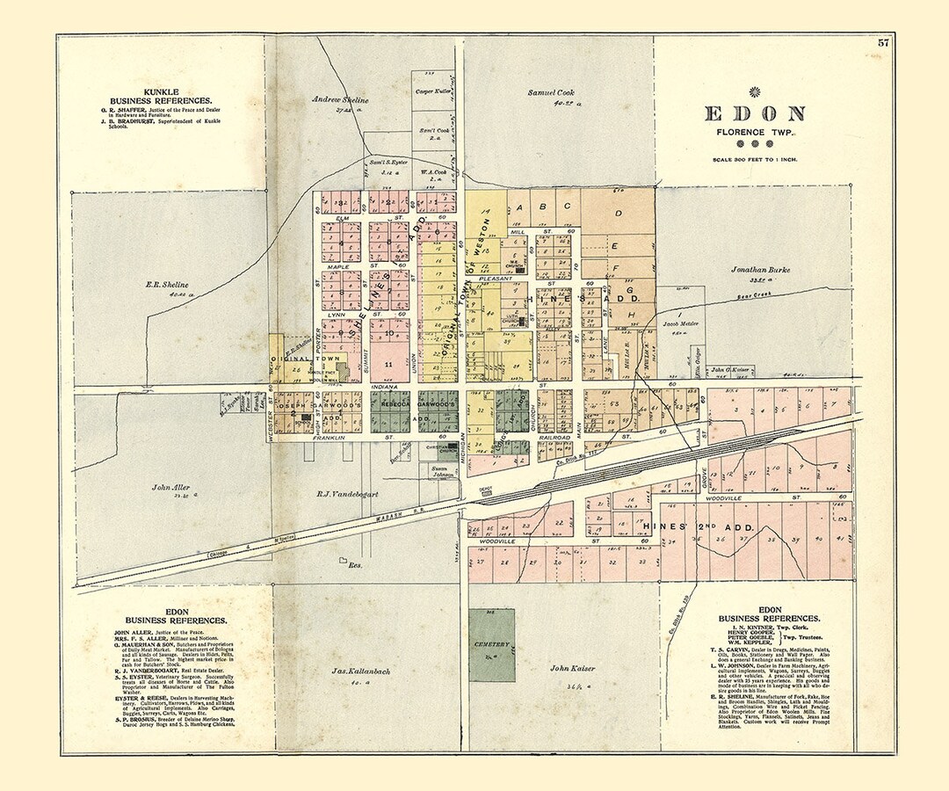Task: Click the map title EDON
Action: [x=755, y=113]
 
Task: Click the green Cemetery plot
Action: [x=491, y=644]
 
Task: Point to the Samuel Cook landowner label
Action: [x=551, y=92]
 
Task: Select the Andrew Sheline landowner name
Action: [x=340, y=100]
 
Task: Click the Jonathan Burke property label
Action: [x=759, y=270]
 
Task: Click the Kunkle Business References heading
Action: [x=161, y=97]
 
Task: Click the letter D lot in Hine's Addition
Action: [x=618, y=214]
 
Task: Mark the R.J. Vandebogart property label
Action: [x=347, y=494]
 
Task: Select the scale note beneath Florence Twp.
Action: [x=754, y=159]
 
